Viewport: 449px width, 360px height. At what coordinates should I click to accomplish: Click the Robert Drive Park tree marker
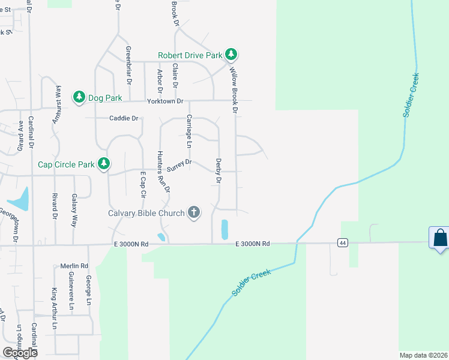pyautogui.click(x=231, y=55)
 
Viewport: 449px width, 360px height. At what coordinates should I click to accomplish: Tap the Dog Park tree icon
pyautogui.click(x=79, y=97)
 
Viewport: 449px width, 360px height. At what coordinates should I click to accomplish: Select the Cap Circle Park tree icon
pyautogui.click(x=104, y=163)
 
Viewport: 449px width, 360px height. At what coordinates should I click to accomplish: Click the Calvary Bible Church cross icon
pyautogui.click(x=194, y=212)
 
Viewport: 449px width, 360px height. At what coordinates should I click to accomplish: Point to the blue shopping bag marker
pyautogui.click(x=440, y=238)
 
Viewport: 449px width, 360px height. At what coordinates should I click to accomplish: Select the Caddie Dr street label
pyautogui.click(x=124, y=118)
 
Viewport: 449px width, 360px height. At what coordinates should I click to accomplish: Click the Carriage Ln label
pyautogui.click(x=188, y=131)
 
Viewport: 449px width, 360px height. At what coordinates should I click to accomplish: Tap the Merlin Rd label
pyautogui.click(x=74, y=266)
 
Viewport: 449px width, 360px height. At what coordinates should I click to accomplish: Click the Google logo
pyautogui.click(x=20, y=352)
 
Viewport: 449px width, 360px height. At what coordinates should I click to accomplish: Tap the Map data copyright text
pyautogui.click(x=424, y=355)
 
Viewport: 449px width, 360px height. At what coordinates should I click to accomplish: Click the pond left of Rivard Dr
pyautogui.click(x=20, y=200)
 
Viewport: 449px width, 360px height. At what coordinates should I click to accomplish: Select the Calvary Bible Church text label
pyautogui.click(x=146, y=213)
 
